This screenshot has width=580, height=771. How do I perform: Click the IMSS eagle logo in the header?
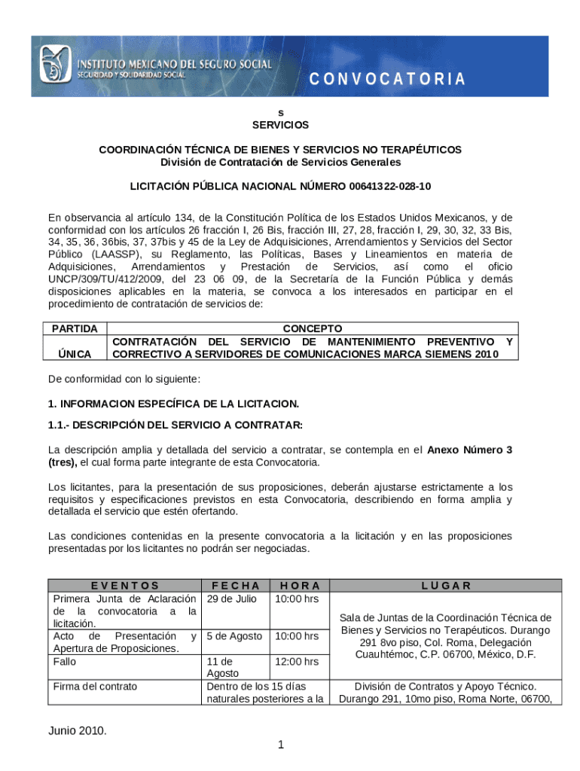[x=55, y=66]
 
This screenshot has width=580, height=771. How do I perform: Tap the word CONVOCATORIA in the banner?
[x=388, y=79]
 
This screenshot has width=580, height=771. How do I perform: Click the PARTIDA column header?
[x=75, y=328]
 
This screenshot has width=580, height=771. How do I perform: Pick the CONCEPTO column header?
[x=312, y=328]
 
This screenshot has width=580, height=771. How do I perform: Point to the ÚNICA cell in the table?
[x=75, y=354]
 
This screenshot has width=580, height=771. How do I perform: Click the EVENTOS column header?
[x=124, y=585]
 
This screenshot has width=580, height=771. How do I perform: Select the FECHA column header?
[x=236, y=585]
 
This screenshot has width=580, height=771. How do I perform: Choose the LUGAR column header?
[x=446, y=585]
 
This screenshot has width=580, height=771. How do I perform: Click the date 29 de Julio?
[x=232, y=599]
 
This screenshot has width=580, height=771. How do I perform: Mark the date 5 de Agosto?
[x=234, y=636]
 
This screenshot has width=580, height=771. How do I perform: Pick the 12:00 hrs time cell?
[x=296, y=662]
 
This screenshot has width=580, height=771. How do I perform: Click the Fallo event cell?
[x=64, y=662]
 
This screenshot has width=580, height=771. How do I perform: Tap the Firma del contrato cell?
[x=95, y=687]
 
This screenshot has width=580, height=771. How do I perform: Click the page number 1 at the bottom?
[x=279, y=745]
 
